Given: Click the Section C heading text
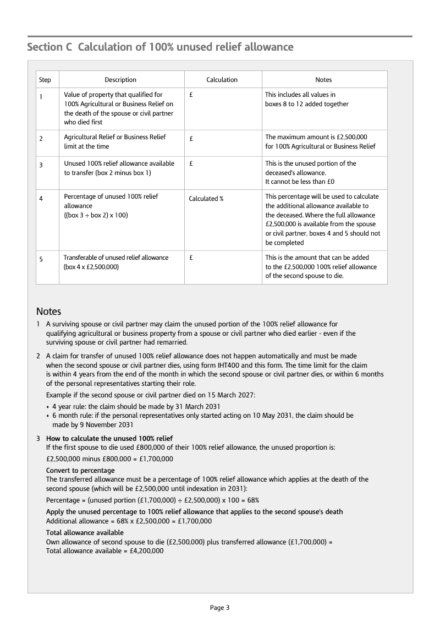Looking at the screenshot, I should [x=160, y=47].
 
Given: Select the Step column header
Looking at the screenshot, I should [x=45, y=80].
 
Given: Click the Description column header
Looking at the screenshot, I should [x=120, y=80].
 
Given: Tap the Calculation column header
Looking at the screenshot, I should [x=222, y=80].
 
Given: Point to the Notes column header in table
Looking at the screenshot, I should [x=323, y=80].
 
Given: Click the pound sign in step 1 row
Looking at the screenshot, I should [x=191, y=95].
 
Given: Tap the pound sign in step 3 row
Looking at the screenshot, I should [x=191, y=163].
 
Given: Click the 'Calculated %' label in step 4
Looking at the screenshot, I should [x=206, y=199].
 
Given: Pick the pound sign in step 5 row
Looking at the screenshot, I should [x=191, y=258].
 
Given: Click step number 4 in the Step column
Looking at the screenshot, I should [x=41, y=199].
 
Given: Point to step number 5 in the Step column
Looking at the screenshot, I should [x=41, y=260].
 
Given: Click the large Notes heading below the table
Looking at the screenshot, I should [x=49, y=312].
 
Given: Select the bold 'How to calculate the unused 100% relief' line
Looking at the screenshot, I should [x=109, y=439].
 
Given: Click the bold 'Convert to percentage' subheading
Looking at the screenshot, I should [x=80, y=471].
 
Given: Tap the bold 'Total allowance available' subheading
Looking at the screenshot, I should [x=85, y=533].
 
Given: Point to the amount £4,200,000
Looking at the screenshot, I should [x=146, y=550].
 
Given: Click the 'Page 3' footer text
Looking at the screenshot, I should [x=219, y=608].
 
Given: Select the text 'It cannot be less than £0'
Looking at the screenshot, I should [x=300, y=182].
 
